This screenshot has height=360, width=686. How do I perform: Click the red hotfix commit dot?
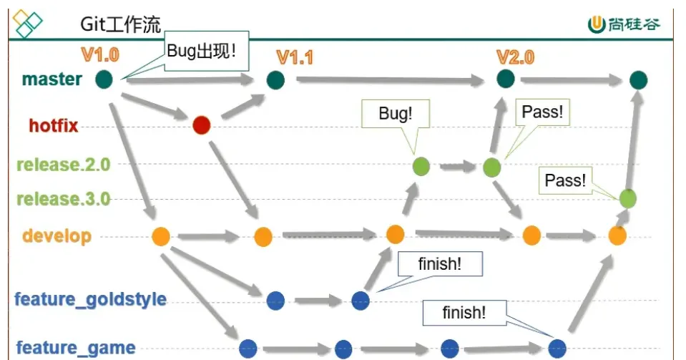[201, 125]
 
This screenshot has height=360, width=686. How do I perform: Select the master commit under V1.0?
[104, 79]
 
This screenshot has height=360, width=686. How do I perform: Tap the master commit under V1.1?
[275, 80]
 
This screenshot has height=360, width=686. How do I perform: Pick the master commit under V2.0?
[506, 79]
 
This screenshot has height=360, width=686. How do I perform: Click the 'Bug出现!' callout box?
[207, 51]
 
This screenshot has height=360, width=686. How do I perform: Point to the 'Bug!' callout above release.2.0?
[396, 113]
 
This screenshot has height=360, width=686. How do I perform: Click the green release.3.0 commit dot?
[628, 199]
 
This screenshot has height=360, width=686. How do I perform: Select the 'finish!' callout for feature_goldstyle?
[440, 263]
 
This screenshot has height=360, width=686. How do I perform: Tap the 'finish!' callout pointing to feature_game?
[464, 313]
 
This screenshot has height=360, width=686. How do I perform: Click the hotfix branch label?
[54, 126]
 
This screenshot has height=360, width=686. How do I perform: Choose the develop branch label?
[57, 236]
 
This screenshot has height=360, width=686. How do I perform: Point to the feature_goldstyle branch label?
[91, 300]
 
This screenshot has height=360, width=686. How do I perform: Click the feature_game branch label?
[76, 348]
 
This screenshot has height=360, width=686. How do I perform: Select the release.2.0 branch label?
[64, 165]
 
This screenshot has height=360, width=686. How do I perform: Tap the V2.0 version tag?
[515, 57]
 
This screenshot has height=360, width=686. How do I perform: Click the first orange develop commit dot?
[161, 236]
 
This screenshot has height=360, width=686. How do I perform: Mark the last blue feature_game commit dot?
[557, 349]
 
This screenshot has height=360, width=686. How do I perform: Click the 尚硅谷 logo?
[624, 24]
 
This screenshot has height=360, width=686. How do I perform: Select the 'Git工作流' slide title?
[121, 24]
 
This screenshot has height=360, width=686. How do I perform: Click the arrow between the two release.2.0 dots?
[457, 167]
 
